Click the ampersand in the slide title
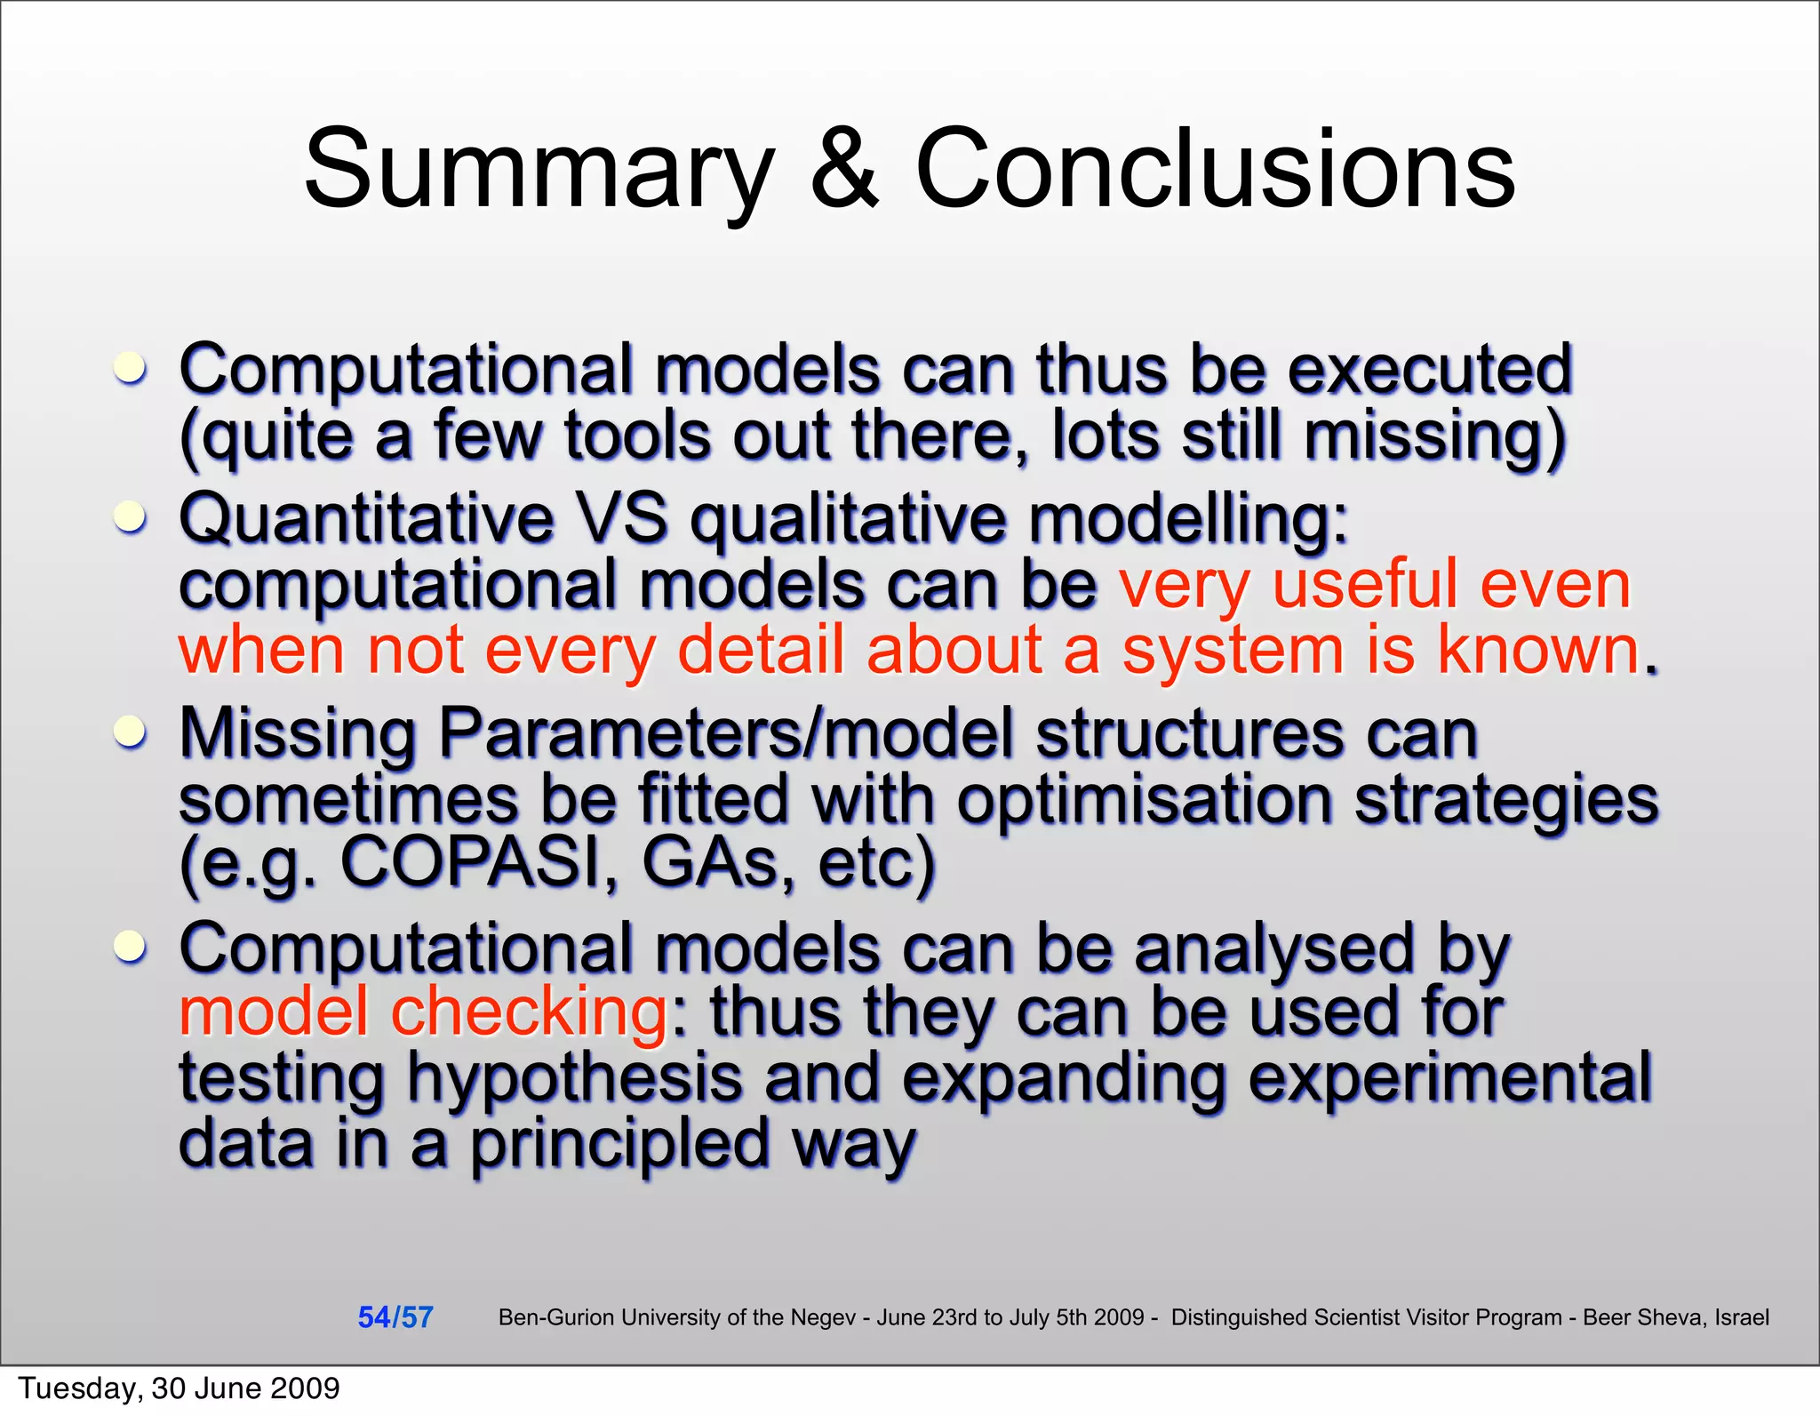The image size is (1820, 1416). [844, 169]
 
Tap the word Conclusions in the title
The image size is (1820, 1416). [1215, 169]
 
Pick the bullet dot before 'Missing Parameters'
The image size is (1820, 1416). [131, 732]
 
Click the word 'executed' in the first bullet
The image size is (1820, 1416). [1429, 369]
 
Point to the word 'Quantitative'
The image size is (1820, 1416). [366, 518]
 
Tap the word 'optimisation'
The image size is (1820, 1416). [1145, 798]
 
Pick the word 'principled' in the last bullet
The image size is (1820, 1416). [619, 1145]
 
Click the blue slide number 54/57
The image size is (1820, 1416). [395, 1317]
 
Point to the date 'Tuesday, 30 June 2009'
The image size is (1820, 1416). [180, 1388]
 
